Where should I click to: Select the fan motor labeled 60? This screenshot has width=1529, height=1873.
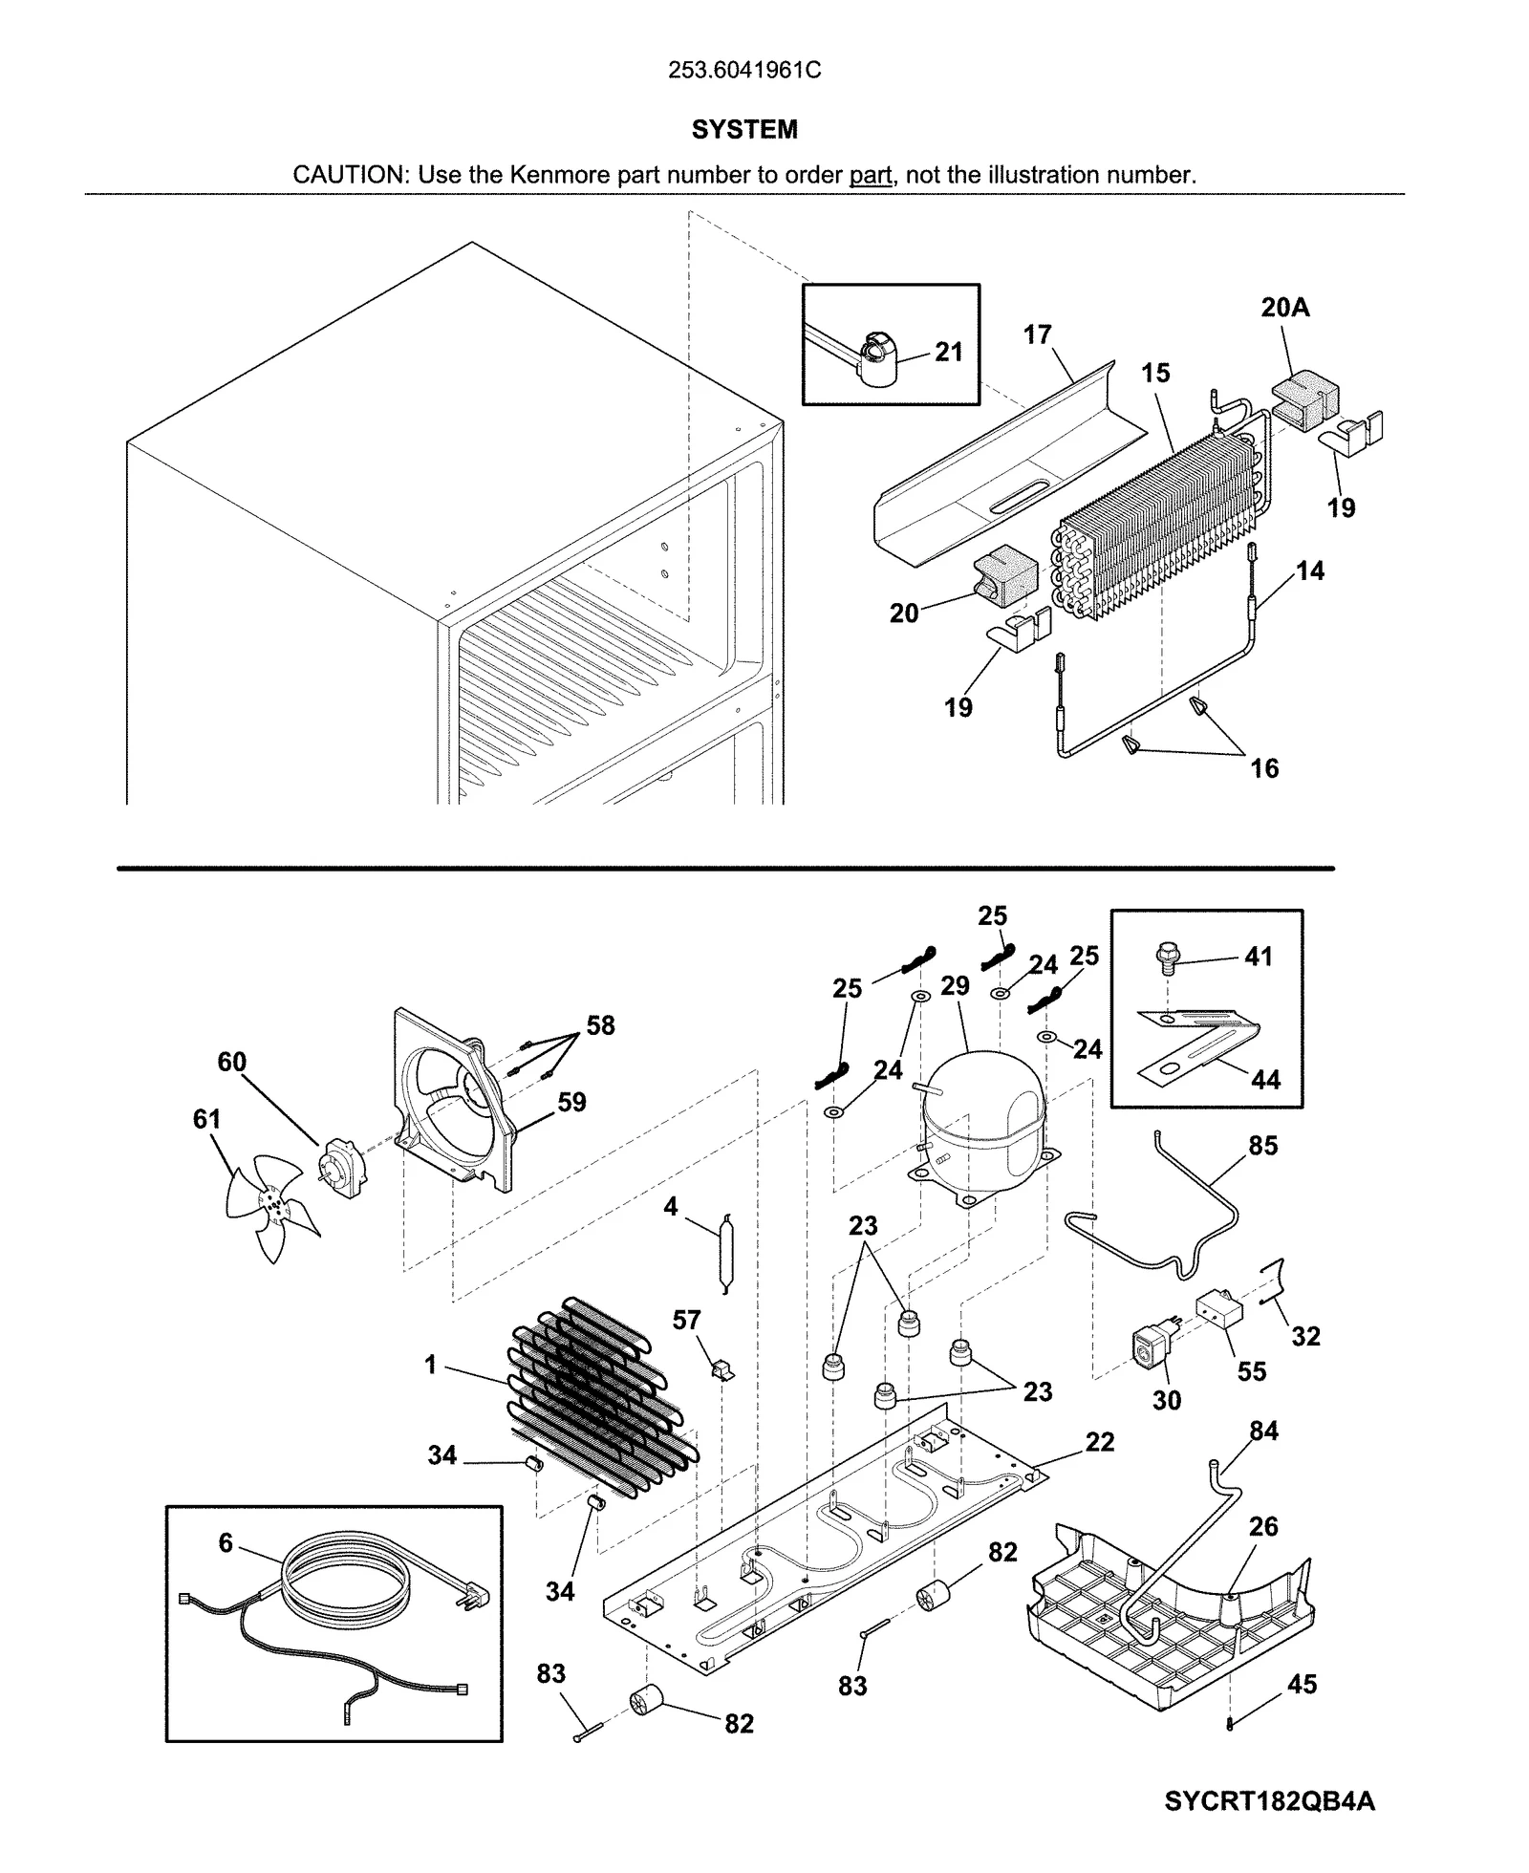click(342, 1167)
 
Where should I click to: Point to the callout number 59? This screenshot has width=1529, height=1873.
click(571, 1102)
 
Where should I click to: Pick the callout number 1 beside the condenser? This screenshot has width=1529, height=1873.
click(431, 1365)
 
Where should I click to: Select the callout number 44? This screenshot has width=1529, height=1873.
click(1265, 1080)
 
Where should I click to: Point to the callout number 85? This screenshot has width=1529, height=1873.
click(1262, 1145)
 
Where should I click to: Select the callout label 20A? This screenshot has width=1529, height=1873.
click(1284, 308)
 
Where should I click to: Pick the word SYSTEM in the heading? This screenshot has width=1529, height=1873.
click(744, 130)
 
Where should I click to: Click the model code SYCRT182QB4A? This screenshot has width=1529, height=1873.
click(1269, 1801)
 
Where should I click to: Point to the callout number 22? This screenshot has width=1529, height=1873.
click(1100, 1442)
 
